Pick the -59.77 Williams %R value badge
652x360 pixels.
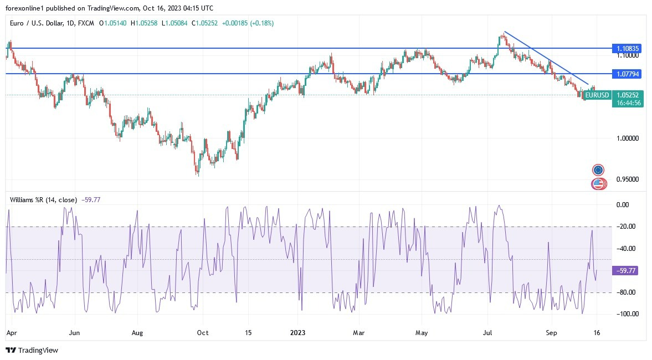[626, 271]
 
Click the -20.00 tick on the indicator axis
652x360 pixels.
[626, 227]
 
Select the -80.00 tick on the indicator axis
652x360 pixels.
[626, 292]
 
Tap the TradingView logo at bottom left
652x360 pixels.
[32, 351]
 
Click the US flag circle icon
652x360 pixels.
[598, 183]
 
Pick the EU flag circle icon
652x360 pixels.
[598, 169]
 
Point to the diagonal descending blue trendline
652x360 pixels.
[546, 58]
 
